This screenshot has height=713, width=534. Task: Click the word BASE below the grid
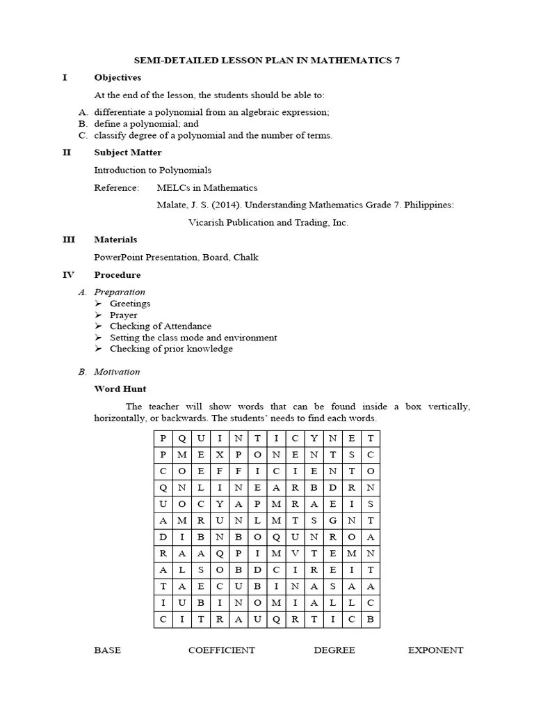[x=107, y=650]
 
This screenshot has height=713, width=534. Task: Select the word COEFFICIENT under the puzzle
[x=221, y=650]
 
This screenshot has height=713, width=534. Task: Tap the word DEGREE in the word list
[x=334, y=650]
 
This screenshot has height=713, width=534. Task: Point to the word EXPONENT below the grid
[x=435, y=650]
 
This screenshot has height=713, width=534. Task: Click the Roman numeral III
[x=69, y=240]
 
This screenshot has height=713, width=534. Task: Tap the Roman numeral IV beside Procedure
[x=68, y=275]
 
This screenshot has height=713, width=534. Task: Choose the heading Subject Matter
[x=128, y=152]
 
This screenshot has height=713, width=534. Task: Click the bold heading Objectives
[x=118, y=77]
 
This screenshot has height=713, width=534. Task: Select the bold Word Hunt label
[x=120, y=389]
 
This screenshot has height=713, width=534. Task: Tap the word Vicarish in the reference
[x=205, y=223]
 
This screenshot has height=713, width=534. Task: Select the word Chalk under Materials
[x=246, y=257]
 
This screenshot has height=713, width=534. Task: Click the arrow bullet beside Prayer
[x=98, y=315]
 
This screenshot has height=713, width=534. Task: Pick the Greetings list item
[x=130, y=304]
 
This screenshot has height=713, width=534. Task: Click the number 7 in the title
[x=397, y=60]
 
